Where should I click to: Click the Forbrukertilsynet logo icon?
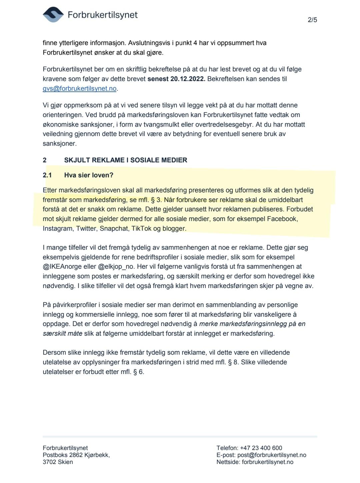tap(53, 15)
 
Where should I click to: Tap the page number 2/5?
tap(312, 20)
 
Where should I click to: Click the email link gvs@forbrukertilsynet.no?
tap(80, 89)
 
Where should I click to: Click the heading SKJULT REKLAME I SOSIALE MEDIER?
tap(126, 160)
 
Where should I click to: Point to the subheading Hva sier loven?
tap(89, 175)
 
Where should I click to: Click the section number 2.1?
tap(47, 175)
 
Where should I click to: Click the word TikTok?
tap(141, 229)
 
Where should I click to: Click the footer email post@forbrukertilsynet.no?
tap(272, 455)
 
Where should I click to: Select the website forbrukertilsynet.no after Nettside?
tap(268, 462)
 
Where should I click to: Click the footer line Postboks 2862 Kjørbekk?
tap(76, 455)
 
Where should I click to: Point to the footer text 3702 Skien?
tap(58, 462)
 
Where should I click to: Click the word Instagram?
tap(58, 229)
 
